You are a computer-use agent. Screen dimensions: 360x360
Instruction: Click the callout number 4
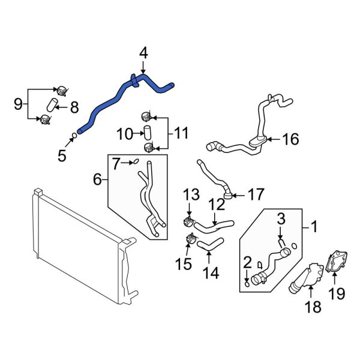[143, 55]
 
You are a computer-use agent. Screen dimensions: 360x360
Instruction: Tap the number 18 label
[313, 307]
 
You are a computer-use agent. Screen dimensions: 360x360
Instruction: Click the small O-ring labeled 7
[135, 161]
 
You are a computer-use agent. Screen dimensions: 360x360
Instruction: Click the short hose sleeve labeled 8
[52, 107]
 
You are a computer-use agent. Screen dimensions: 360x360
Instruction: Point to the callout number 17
[256, 194]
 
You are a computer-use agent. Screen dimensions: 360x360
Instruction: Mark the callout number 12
[216, 205]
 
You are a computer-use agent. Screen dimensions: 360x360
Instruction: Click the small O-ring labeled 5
[73, 136]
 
